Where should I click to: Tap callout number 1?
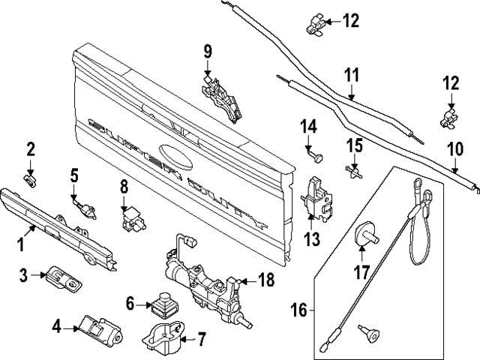21,244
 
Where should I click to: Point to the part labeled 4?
97,327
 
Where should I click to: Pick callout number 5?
74,176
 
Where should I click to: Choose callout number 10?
455,148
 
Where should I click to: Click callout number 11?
352,75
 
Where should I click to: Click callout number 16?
298,309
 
